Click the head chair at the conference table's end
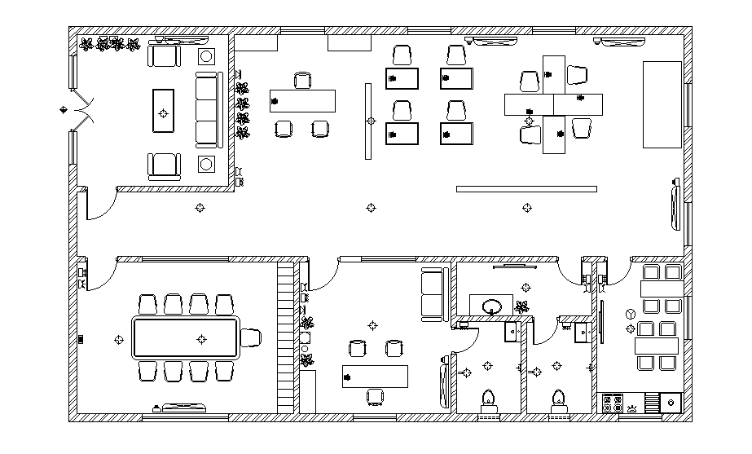coord(250,336)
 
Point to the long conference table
coord(186,337)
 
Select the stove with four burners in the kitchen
coord(612,402)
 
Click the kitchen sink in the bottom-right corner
coord(671,402)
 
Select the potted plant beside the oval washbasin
coord(521,307)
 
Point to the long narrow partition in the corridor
coord(526,189)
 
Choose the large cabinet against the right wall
coord(662,104)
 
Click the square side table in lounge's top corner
coord(207,56)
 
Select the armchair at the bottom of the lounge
coord(164,165)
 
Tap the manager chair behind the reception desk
coord(302,80)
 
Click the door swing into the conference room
coord(98,277)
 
